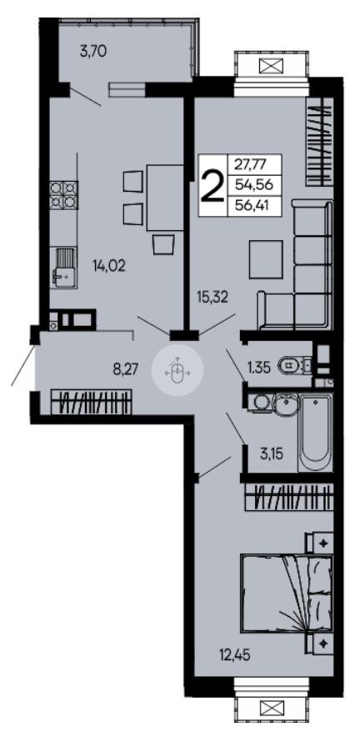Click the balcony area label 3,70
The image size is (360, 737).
pyautogui.click(x=93, y=51)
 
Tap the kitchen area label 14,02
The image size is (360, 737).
pyautogui.click(x=109, y=267)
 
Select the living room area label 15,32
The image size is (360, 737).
pyautogui.click(x=213, y=297)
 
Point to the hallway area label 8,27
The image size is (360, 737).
pyautogui.click(x=126, y=368)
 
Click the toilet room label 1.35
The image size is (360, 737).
pyautogui.click(x=259, y=367)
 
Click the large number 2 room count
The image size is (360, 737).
pyautogui.click(x=212, y=186)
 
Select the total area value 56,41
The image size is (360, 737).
pyautogui.click(x=254, y=205)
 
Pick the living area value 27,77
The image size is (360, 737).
pyautogui.click(x=254, y=165)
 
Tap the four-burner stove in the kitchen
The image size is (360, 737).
pyautogui.click(x=63, y=195)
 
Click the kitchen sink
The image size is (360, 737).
pyautogui.click(x=63, y=267)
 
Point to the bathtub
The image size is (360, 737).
pyautogui.click(x=317, y=433)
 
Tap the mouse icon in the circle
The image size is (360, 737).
pyautogui.click(x=177, y=371)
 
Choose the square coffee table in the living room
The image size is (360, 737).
pyautogui.click(x=267, y=259)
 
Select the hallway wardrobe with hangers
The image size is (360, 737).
pyautogui.click(x=91, y=403)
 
